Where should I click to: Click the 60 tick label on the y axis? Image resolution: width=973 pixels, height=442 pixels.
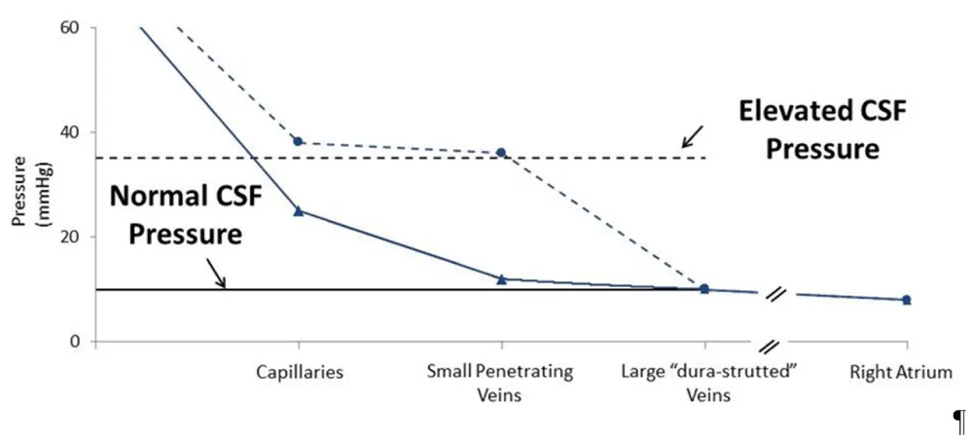click(71, 27)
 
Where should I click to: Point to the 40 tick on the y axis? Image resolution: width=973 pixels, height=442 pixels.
click(71, 132)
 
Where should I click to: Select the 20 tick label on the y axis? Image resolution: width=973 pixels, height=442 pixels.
click(71, 238)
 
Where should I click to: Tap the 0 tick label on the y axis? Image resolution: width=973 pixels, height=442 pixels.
click(76, 342)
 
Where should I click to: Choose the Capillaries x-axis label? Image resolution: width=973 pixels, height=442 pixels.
click(299, 372)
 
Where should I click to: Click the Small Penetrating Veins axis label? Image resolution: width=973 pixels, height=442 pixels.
click(501, 383)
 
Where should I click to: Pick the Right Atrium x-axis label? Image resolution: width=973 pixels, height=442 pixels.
click(906, 372)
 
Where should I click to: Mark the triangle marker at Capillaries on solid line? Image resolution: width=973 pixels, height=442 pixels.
click(299, 210)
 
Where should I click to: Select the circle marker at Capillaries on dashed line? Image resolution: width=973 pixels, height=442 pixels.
click(299, 141)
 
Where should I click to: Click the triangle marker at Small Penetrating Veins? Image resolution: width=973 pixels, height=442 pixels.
click(501, 279)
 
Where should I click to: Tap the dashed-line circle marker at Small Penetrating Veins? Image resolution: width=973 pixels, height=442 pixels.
click(501, 153)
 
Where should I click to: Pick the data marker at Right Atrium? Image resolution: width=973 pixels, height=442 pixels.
click(906, 300)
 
